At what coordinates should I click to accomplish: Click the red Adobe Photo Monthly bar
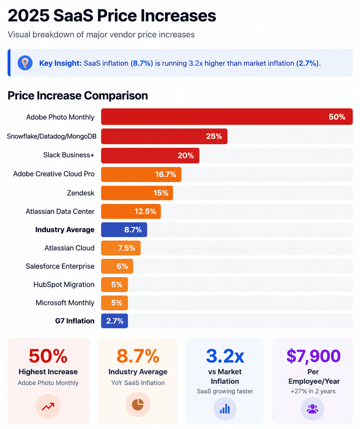coord(227,117)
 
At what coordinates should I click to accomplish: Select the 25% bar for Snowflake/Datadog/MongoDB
coord(164,136)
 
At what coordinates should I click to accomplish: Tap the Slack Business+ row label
coord(69,155)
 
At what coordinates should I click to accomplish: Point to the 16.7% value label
coord(165,175)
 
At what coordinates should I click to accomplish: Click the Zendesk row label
coord(81,193)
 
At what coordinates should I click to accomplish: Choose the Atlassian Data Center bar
coord(131,211)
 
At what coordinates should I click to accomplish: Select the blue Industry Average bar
coord(124,229)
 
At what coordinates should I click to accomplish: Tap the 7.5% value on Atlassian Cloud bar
coord(127,248)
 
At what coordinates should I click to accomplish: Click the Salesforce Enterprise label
coord(60,266)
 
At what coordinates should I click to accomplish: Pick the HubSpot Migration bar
coord(114,284)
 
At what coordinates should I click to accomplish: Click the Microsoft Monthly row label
coord(65,303)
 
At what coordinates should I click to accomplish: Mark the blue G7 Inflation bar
coord(114,321)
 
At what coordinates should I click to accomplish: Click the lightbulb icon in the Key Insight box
coord(25,63)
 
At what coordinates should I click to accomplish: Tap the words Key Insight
coord(60,63)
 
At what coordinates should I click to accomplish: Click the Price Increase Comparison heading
coord(78,96)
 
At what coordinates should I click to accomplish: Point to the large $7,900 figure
coord(313,356)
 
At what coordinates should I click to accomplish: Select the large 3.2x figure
coord(225,356)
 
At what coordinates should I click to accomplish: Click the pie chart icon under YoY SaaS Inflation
coord(138,404)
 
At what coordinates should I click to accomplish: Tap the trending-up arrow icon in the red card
coord(48,406)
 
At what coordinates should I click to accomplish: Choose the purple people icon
coord(312,409)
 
